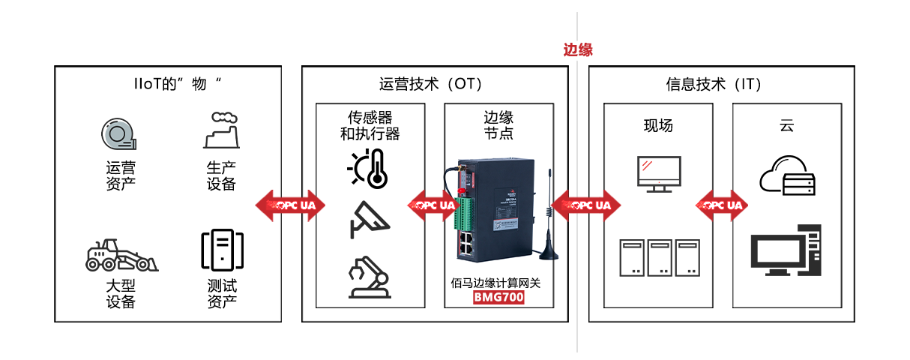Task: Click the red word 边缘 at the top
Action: point(578,50)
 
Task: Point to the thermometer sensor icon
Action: point(369,168)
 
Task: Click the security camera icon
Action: point(369,219)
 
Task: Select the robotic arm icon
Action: point(369,277)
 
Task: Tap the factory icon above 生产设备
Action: point(221,130)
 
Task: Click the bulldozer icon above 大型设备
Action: point(121,256)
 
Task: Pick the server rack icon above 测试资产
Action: point(222,250)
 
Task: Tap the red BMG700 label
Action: point(498,298)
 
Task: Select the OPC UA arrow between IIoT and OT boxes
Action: point(291,205)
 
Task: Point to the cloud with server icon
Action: point(787,175)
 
